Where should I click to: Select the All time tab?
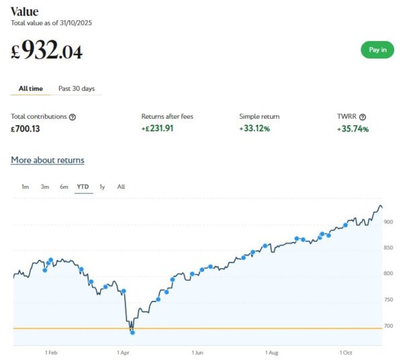pos(32,88)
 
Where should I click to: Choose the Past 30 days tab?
pos(77,88)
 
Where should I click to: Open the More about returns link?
pos(48,160)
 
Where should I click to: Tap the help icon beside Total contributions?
pos(73,117)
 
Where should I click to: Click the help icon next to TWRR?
pos(363,117)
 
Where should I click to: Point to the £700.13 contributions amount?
pos(26,128)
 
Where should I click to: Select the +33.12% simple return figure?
pos(255,128)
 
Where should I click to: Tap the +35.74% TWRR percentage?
pos(353,128)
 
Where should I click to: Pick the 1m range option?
pos(25,187)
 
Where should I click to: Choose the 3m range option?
pos(44,187)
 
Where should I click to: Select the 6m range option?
pos(64,187)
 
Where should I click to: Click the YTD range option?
pos(83,187)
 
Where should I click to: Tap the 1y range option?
pos(102,187)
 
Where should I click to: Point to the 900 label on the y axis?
pos(388,222)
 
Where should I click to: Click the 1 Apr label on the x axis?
pos(123,352)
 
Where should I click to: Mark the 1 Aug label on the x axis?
pos(271,352)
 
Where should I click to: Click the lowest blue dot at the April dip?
pos(132,332)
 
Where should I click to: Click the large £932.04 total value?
pos(47,51)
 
